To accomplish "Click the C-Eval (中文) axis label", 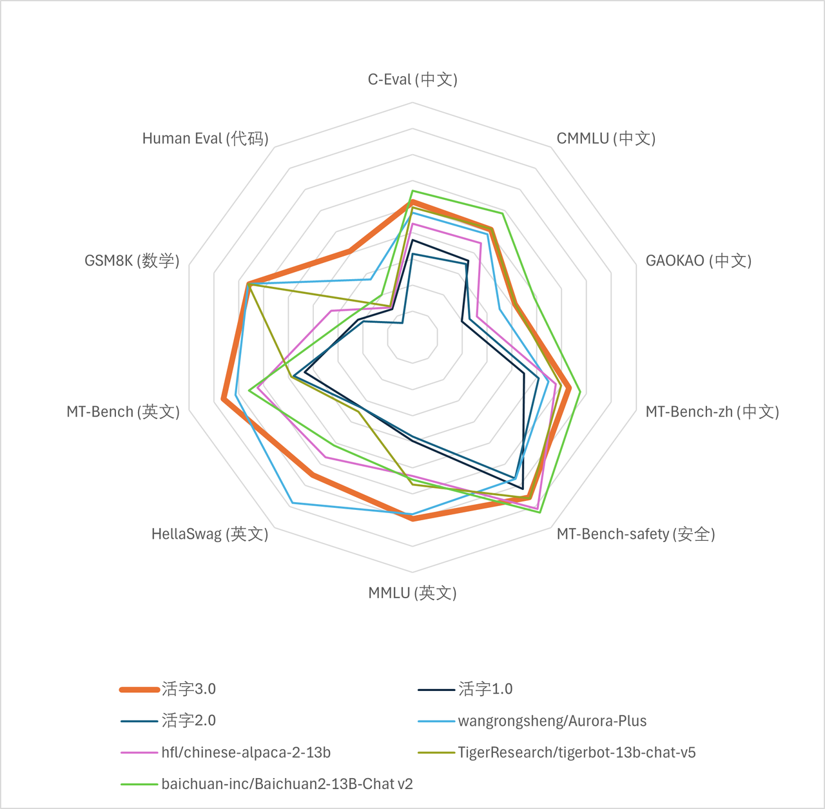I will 412,79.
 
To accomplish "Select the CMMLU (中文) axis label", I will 606,139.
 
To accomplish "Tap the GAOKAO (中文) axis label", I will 699,260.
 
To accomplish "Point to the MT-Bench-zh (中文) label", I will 712,412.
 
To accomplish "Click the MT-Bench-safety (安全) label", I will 636,534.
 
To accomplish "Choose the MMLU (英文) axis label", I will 412,593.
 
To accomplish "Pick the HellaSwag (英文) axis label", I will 209,534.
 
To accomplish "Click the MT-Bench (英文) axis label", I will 123,412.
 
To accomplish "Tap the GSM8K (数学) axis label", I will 132,260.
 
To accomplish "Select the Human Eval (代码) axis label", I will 205,139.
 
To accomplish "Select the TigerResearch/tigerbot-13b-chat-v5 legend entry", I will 576,752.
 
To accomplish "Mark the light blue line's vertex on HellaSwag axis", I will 292,502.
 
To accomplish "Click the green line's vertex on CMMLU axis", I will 502,212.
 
